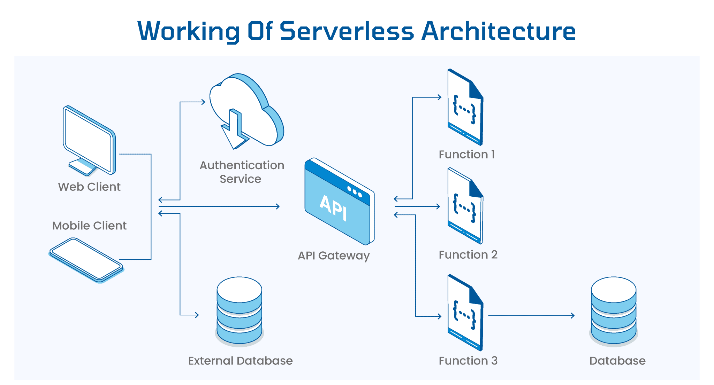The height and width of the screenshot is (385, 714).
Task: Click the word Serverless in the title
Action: point(347,31)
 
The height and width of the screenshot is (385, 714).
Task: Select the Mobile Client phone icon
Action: point(86,259)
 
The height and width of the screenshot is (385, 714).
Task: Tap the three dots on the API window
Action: point(355,191)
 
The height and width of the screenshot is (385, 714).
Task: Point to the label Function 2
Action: point(468,255)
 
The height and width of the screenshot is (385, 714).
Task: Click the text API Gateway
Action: point(334,256)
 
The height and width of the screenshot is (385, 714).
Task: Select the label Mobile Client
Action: point(89,226)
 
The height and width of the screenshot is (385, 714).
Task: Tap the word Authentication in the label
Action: point(242,165)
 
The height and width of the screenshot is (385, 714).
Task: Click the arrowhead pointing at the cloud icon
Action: point(203,102)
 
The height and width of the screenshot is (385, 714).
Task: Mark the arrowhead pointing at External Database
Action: point(197,315)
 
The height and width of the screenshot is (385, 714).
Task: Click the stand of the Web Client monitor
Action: point(83,167)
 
